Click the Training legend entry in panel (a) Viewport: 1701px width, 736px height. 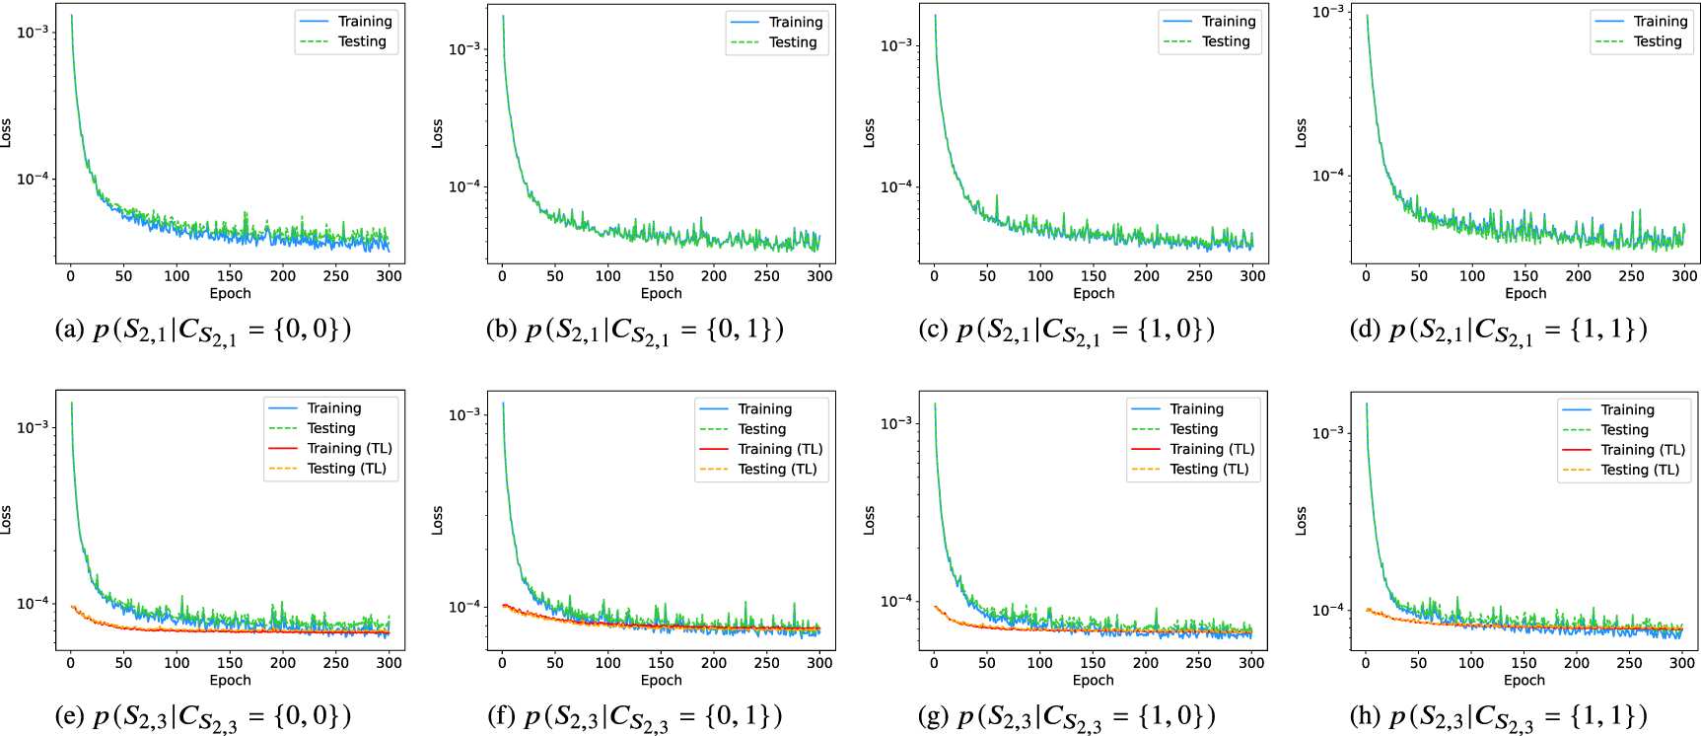point(365,22)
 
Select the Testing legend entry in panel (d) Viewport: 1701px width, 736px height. point(1658,41)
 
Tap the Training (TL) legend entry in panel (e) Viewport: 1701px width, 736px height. point(349,448)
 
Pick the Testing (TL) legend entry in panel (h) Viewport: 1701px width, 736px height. point(1638,470)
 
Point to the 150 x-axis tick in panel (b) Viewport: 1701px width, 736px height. point(661,276)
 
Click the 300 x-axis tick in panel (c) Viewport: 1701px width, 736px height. point(1252,276)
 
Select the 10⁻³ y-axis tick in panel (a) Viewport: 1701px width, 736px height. point(33,32)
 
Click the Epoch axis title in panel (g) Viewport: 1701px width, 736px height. point(1093,680)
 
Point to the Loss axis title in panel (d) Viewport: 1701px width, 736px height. point(1301,133)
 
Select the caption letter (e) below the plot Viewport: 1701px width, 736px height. point(70,715)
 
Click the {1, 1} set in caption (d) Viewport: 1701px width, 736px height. point(1608,329)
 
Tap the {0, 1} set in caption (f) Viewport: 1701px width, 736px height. point(744,715)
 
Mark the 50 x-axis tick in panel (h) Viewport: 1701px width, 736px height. point(1418,663)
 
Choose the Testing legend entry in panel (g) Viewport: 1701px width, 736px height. point(1193,429)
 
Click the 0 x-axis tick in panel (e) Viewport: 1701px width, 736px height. point(70,663)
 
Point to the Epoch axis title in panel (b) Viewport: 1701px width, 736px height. point(661,293)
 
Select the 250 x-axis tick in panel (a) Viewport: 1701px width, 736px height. point(336,276)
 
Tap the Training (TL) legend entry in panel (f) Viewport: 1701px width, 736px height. point(780,449)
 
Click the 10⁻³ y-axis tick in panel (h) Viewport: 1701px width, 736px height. point(1327,432)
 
